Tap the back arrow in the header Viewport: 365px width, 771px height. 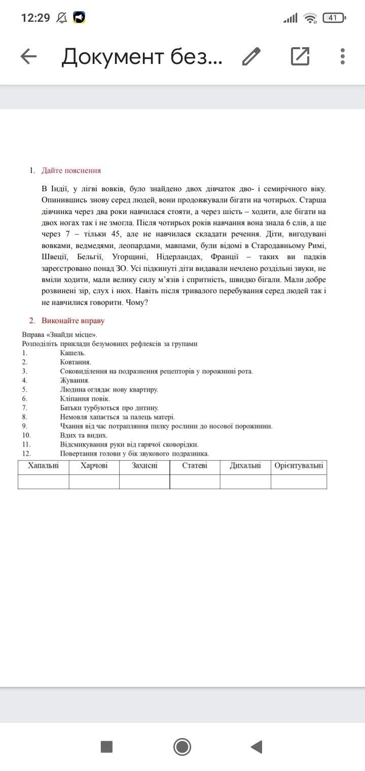29,57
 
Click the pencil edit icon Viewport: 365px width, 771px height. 251,57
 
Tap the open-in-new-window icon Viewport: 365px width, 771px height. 300,56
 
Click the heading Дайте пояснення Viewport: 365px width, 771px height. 71,170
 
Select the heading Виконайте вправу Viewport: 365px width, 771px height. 73,321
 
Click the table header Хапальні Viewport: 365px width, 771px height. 44,466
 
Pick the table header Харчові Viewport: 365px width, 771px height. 94,466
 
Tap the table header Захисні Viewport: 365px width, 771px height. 144,466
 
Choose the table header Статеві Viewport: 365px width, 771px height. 195,466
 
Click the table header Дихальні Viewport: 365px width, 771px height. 245,466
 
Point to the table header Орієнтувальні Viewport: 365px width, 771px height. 299,466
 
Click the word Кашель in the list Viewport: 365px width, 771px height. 72,353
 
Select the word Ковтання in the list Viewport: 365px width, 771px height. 76,362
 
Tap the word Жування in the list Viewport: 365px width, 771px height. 75,380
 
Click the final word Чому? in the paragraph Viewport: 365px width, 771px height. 138,302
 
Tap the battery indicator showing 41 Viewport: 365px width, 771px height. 334,18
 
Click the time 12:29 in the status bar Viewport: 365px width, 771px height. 35,18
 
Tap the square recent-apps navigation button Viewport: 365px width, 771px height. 106,747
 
